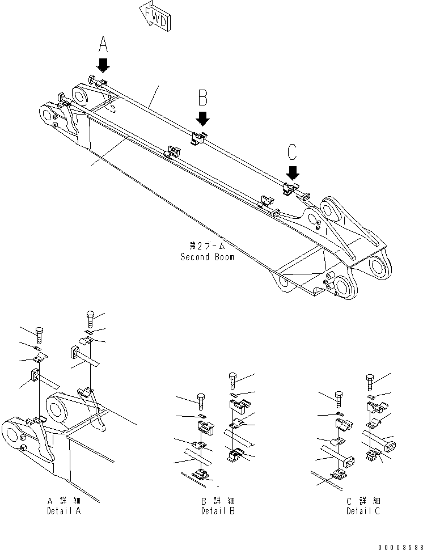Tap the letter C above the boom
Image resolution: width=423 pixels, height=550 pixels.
coord(292,151)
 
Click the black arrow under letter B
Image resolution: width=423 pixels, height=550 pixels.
coord(203,118)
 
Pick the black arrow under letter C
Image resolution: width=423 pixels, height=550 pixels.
coord(293,171)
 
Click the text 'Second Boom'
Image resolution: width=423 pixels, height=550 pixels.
coord(207,256)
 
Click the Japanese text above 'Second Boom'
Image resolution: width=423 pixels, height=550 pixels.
coord(207,247)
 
